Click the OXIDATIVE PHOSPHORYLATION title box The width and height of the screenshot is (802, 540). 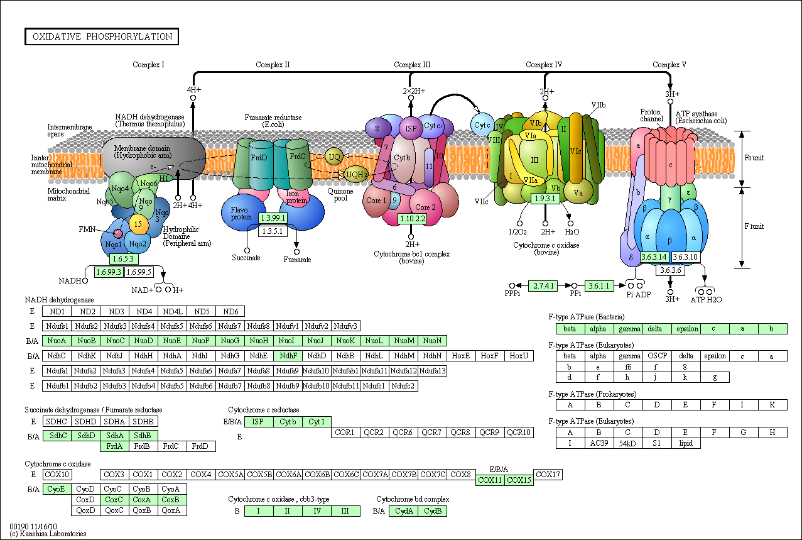[x=102, y=36]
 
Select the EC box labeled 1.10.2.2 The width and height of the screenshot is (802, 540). [x=412, y=219]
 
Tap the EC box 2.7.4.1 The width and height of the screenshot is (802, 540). [x=543, y=285]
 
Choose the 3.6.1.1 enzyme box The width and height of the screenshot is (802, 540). [x=599, y=285]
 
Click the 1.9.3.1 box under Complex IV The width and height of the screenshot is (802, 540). [x=545, y=199]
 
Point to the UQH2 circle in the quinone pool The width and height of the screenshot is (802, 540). [x=356, y=174]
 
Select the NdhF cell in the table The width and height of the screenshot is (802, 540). [x=288, y=355]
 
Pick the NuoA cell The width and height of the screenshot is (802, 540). [x=57, y=341]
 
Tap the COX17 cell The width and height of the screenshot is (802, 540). [x=548, y=475]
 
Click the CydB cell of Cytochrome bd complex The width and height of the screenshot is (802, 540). [x=432, y=510]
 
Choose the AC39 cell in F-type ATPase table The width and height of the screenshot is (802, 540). [x=599, y=443]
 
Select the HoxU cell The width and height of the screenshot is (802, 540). [x=519, y=355]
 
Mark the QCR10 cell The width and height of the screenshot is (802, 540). [x=519, y=432]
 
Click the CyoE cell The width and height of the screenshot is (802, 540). [x=57, y=488]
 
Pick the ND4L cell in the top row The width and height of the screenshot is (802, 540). [x=172, y=312]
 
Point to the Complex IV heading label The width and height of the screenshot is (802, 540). [x=544, y=65]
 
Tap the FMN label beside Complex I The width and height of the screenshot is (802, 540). [x=87, y=228]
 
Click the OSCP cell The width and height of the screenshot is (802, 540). [x=657, y=356]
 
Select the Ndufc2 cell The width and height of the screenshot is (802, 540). [x=403, y=385]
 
